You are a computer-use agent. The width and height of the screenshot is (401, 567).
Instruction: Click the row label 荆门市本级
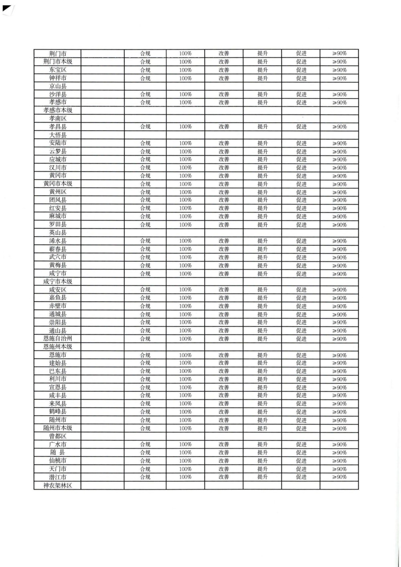[x=58, y=62]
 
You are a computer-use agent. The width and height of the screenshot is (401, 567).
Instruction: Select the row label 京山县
[x=58, y=86]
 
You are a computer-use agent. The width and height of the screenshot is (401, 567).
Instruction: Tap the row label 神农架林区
[x=58, y=486]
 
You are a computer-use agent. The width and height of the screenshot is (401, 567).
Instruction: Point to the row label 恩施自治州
[x=58, y=339]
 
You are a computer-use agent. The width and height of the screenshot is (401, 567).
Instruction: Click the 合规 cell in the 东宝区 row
[x=145, y=70]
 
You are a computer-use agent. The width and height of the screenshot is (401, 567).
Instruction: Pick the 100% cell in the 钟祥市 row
[x=185, y=78]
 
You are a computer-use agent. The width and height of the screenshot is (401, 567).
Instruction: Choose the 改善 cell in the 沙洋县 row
[x=224, y=95]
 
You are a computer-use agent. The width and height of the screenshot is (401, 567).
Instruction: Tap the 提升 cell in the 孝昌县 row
[x=263, y=127]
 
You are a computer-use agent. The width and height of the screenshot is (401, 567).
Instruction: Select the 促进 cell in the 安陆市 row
[x=301, y=143]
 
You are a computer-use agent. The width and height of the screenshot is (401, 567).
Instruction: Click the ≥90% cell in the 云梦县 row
[x=339, y=152]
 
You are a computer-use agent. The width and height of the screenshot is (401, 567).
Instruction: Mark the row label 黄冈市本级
[x=58, y=184]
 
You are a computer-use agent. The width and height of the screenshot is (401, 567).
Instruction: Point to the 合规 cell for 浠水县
[x=145, y=241]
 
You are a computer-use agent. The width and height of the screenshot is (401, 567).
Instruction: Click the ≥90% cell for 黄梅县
[x=339, y=265]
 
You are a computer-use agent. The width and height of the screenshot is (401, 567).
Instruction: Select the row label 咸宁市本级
[x=58, y=281]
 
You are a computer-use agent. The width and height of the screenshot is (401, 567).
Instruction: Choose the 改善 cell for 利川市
[x=224, y=379]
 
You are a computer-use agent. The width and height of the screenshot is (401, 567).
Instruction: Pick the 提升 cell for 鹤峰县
[x=263, y=412]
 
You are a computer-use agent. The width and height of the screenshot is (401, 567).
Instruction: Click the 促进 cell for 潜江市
[x=301, y=477]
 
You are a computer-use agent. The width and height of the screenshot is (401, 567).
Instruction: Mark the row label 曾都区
[x=58, y=436]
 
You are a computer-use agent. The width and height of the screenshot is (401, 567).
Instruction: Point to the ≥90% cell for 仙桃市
[x=339, y=461]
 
